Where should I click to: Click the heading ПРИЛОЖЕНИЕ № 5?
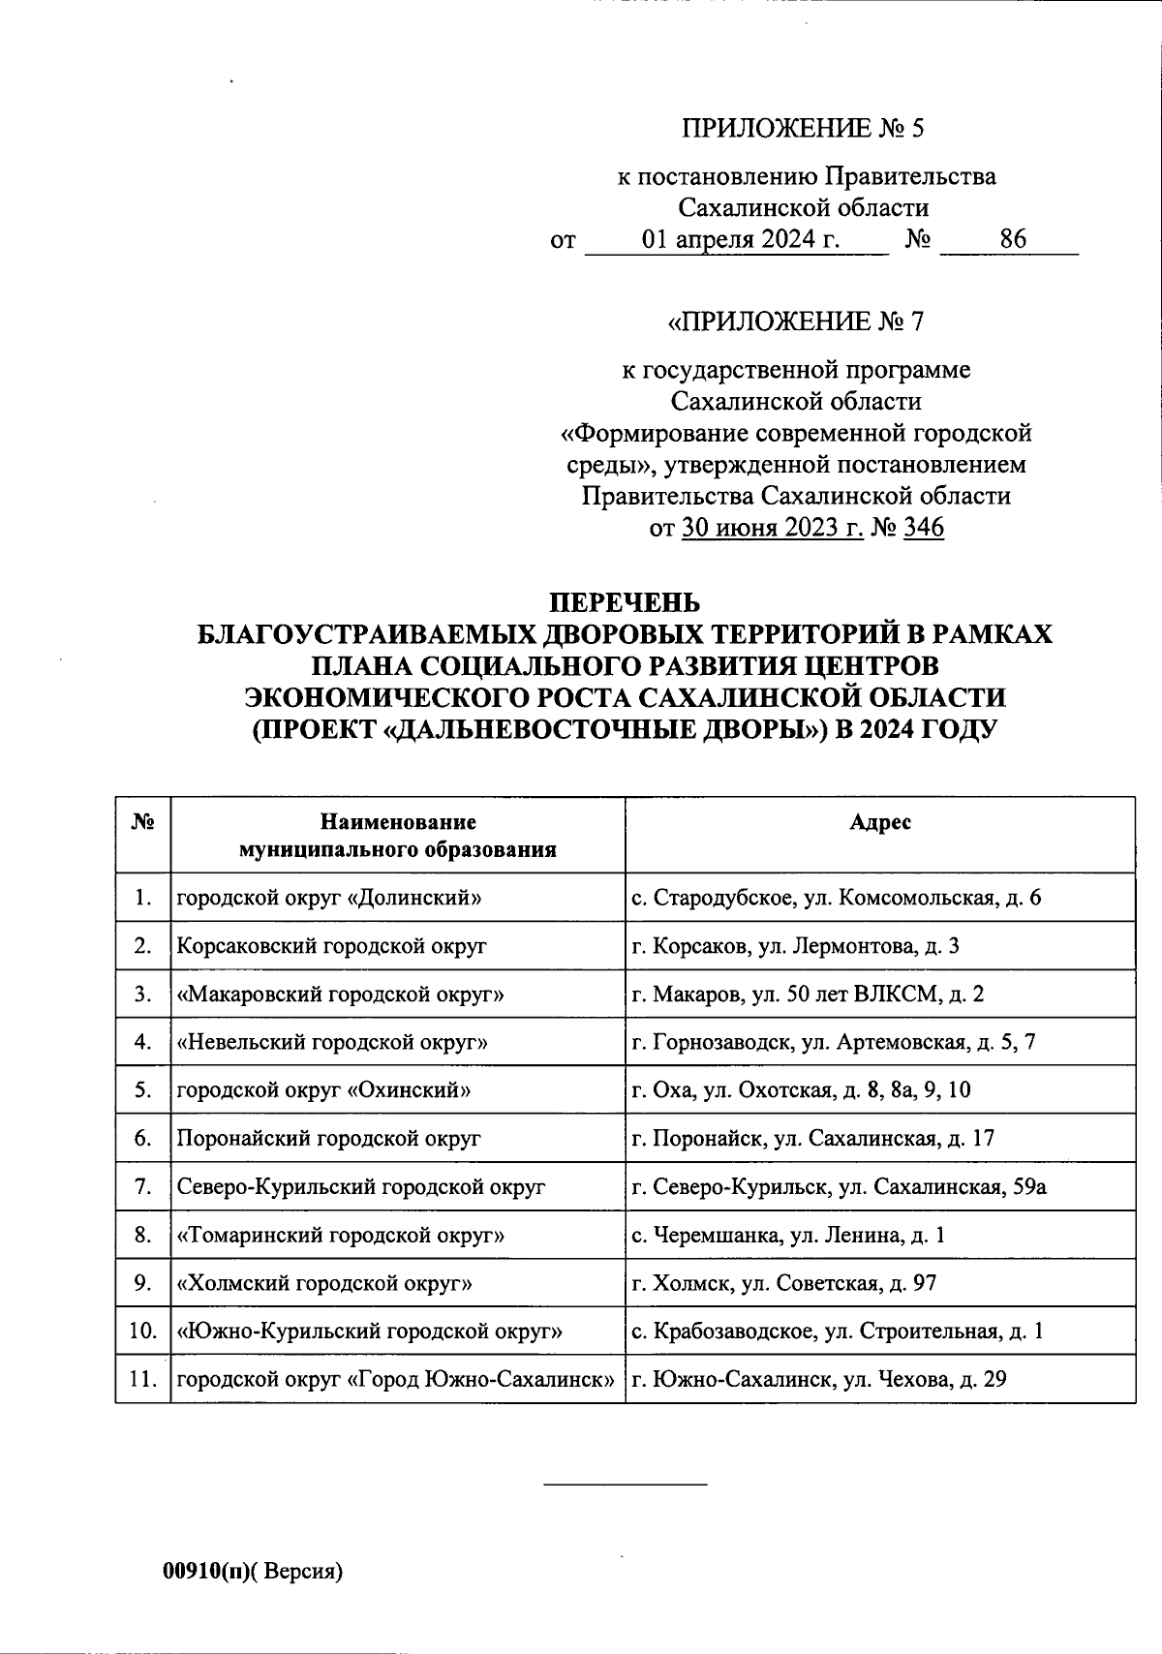click(804, 128)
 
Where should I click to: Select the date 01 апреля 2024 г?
click(741, 239)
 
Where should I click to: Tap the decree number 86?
click(1013, 239)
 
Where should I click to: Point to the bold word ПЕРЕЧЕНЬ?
click(625, 602)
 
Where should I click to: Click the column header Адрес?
click(879, 823)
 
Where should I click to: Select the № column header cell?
click(142, 823)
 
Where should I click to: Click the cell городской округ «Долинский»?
click(329, 898)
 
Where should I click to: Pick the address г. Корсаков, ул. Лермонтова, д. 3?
click(795, 946)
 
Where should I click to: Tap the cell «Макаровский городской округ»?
click(340, 995)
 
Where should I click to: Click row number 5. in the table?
click(142, 1090)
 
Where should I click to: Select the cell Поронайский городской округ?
click(328, 1139)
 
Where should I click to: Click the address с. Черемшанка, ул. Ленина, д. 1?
click(788, 1236)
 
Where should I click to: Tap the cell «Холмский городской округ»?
click(324, 1284)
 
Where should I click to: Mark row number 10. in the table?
click(142, 1332)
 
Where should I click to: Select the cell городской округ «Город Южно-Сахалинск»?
click(395, 1380)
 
